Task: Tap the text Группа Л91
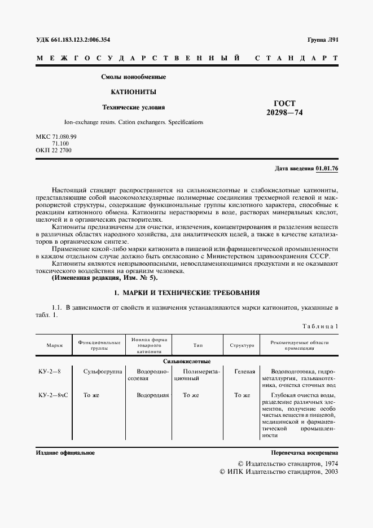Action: click(x=322, y=39)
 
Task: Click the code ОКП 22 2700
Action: click(x=54, y=151)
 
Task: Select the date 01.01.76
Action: click(x=327, y=169)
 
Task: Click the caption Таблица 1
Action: click(x=320, y=326)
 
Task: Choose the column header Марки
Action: click(x=54, y=345)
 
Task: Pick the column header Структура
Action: click(x=242, y=345)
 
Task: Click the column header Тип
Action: click(x=198, y=345)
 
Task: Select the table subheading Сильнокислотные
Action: click(x=187, y=360)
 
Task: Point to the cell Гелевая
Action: click(x=244, y=372)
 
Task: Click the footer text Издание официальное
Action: click(x=65, y=452)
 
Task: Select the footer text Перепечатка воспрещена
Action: click(x=304, y=452)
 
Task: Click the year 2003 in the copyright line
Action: click(x=328, y=472)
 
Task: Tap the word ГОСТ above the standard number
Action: click(x=284, y=103)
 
